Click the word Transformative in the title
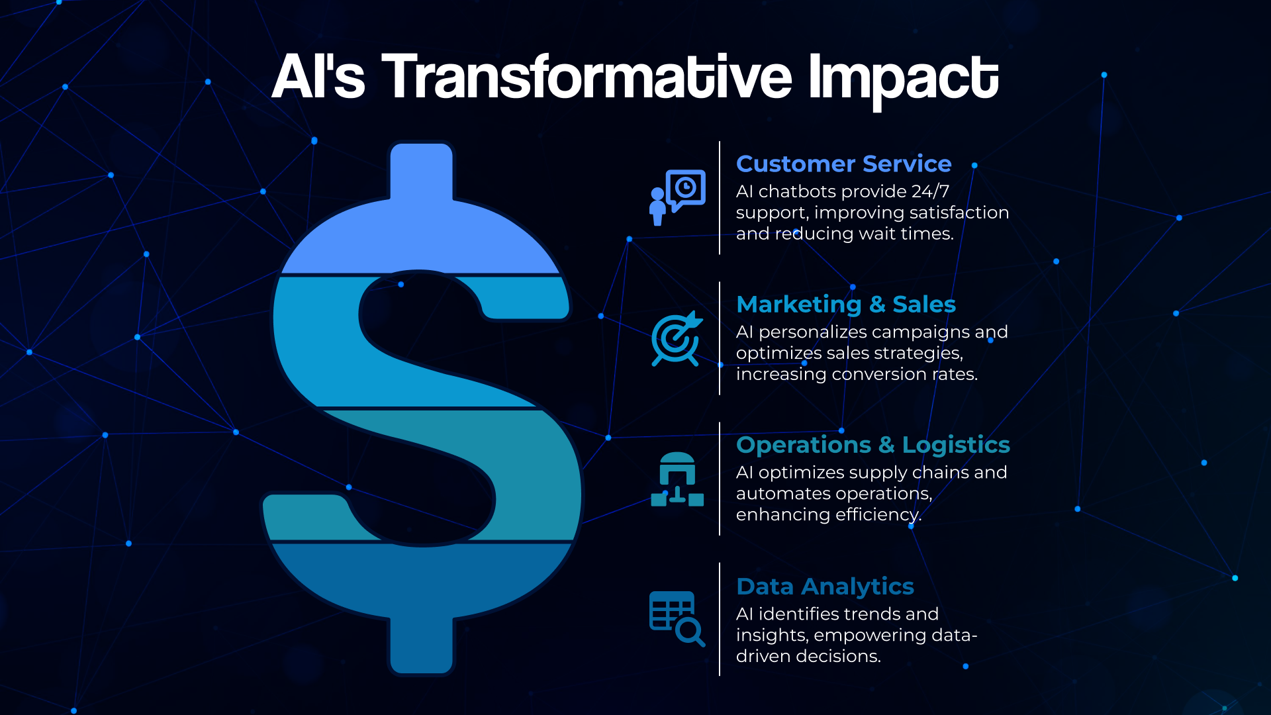[x=586, y=77]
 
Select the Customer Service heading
[x=843, y=164]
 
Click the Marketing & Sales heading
[x=845, y=304]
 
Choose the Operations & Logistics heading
[x=872, y=444]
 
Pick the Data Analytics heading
[x=825, y=586]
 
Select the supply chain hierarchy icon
[x=677, y=479]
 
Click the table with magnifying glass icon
[x=677, y=618]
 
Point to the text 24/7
[x=930, y=191]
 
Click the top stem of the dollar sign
[x=422, y=171]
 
